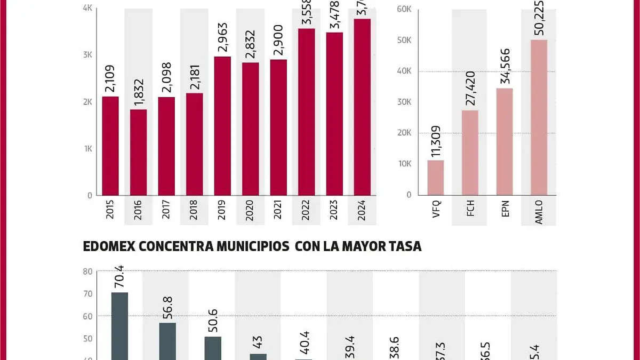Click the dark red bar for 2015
[110, 146]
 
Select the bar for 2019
[222, 126]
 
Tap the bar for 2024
[362, 107]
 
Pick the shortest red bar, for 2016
[138, 152]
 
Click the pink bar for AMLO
[539, 117]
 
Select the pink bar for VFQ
[436, 178]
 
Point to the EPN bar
[505, 141]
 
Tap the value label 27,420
[470, 91]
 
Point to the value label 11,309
[436, 142]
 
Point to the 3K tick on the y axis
[87, 55]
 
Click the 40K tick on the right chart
[404, 71]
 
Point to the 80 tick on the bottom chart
[87, 271]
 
